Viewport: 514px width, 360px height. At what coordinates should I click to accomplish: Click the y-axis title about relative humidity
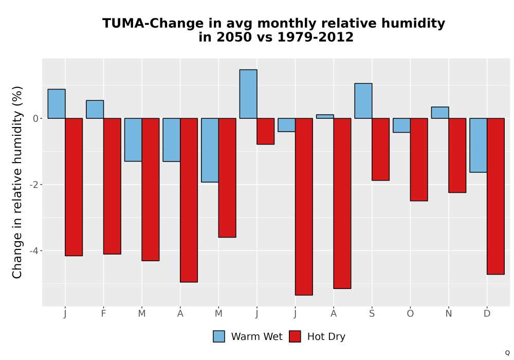[17, 182]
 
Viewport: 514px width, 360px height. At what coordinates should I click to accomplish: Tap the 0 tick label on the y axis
[36, 119]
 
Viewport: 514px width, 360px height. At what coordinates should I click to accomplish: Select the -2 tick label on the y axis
[34, 185]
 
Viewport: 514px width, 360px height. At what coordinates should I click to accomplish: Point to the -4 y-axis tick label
[34, 251]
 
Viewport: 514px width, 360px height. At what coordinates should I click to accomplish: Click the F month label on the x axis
[103, 314]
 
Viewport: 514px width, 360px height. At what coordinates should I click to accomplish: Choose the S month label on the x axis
[372, 314]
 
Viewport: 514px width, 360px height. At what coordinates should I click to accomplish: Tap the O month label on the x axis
[410, 314]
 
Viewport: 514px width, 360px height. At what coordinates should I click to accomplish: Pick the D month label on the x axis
[487, 314]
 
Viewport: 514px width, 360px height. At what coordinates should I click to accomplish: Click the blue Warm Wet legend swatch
[218, 336]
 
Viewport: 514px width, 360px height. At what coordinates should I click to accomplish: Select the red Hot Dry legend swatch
[295, 336]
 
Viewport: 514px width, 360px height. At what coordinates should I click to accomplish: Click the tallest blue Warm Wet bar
[248, 94]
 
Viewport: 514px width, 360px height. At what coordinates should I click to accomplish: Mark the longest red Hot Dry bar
[304, 207]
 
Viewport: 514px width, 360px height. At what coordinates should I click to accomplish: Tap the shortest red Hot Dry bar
[266, 132]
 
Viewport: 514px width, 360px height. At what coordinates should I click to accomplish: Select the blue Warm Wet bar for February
[95, 110]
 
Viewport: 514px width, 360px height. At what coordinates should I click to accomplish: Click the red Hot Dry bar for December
[495, 196]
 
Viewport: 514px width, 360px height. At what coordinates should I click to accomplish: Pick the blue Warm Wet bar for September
[363, 101]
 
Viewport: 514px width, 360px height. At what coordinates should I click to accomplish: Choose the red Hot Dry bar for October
[419, 159]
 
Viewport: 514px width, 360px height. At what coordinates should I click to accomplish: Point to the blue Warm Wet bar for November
[440, 113]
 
